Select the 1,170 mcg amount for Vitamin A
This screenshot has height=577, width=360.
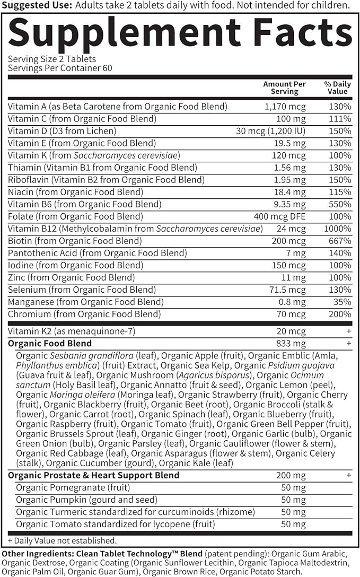coord(285,107)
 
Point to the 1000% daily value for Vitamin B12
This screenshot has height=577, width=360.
coord(338,229)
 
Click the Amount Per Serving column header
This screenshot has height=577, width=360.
coord(285,88)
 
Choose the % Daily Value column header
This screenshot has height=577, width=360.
coord(337,88)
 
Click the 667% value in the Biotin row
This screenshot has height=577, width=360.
coord(339,241)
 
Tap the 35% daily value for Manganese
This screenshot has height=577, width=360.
coord(342,302)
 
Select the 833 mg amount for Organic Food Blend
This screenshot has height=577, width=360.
coord(291,344)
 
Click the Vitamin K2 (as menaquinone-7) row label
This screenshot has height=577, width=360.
coord(72,331)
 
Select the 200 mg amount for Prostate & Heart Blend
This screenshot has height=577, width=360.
coord(291,476)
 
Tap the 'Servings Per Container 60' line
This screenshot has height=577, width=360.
coord(60,68)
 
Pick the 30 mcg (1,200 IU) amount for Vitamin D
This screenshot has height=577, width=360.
coord(271,131)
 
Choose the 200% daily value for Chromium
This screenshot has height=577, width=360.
coord(339,314)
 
